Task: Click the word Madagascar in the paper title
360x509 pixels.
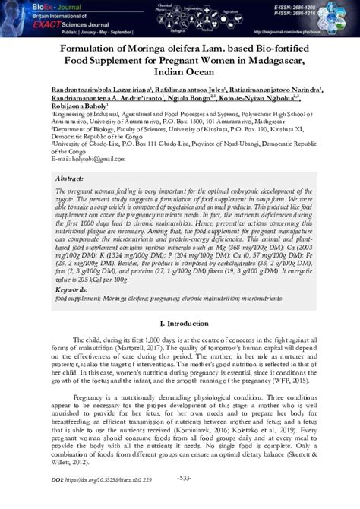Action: (263, 61)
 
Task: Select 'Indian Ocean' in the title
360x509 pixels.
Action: (180, 74)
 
